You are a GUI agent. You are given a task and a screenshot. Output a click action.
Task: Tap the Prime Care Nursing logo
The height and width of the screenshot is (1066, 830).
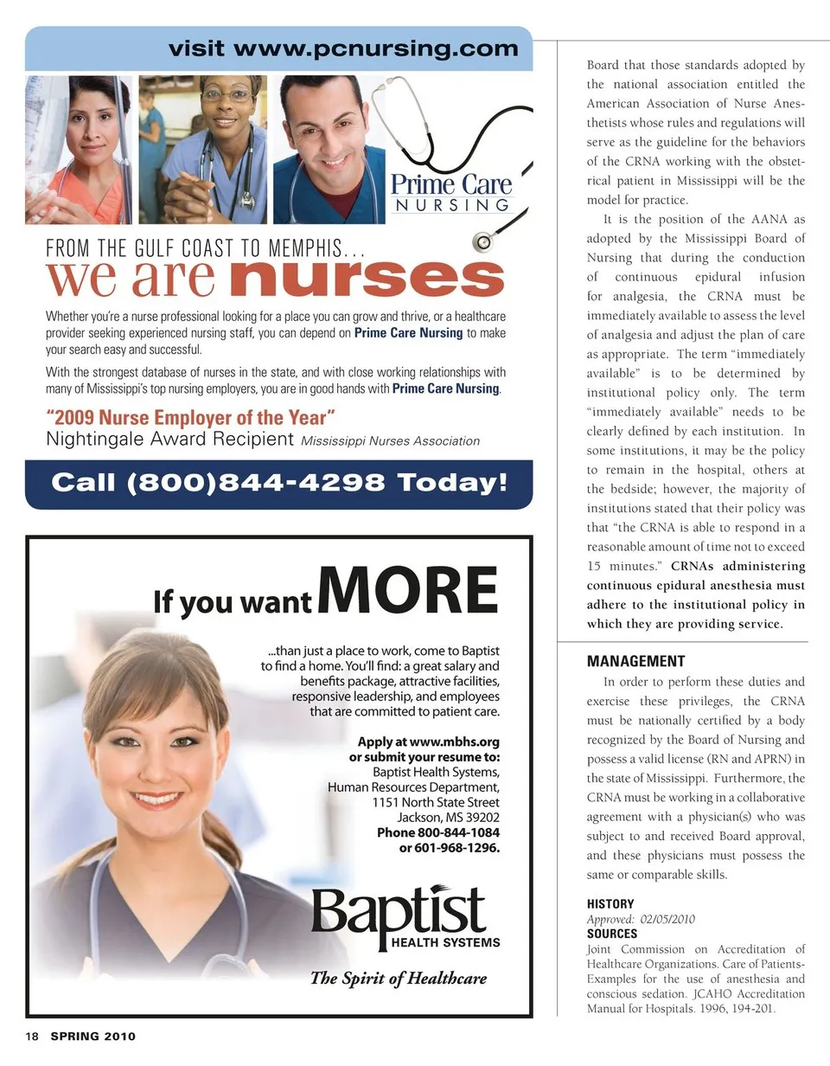tap(450, 193)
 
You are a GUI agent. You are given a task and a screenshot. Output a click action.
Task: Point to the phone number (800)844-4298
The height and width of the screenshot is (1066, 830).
tap(255, 483)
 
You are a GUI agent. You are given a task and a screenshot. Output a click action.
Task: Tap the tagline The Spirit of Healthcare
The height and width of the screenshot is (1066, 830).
tap(399, 979)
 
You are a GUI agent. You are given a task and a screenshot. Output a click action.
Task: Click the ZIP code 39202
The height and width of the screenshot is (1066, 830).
tap(480, 818)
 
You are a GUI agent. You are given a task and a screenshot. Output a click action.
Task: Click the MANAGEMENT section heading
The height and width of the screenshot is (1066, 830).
tap(635, 661)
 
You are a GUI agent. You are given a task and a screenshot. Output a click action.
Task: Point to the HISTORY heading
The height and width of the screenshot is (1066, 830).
tap(610, 903)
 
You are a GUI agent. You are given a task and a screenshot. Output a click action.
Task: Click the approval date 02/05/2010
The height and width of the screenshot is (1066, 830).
tap(668, 919)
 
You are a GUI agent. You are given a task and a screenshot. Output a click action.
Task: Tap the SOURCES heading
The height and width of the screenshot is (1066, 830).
tap(612, 934)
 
